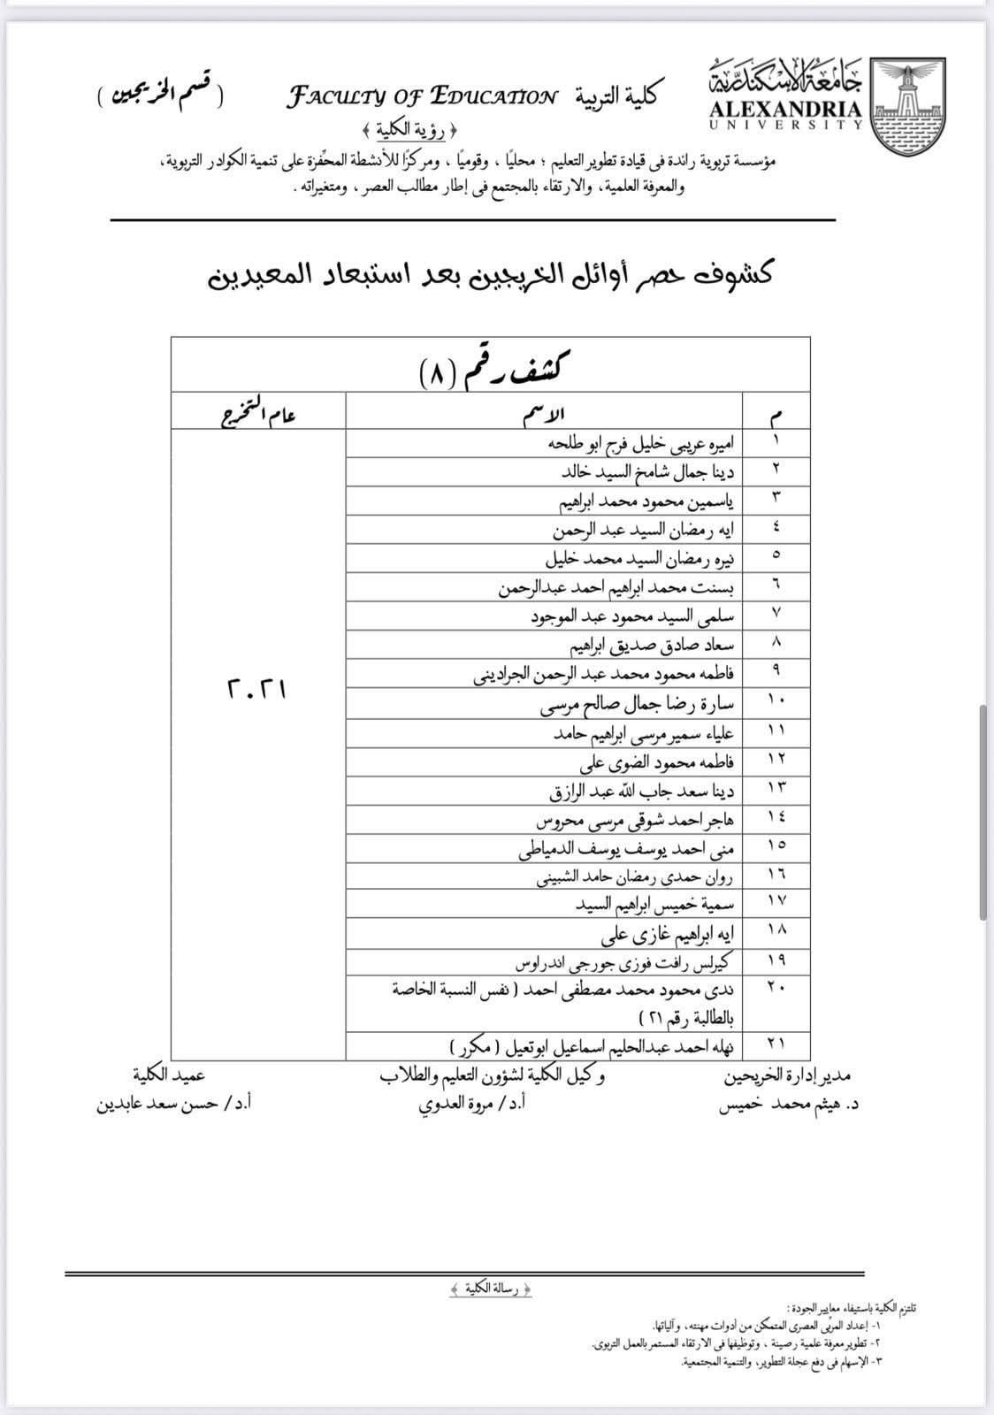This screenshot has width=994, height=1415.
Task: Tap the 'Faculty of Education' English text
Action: coord(422,96)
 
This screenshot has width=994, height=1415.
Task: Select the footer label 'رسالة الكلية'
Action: coord(492,1289)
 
